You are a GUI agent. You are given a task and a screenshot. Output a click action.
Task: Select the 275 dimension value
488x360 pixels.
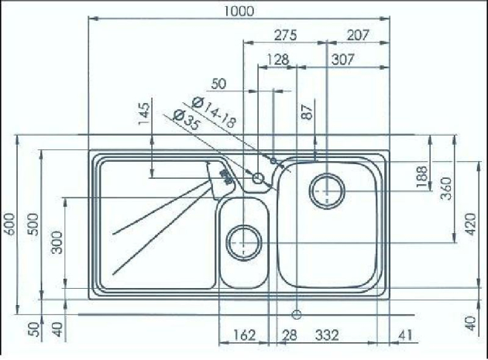286,35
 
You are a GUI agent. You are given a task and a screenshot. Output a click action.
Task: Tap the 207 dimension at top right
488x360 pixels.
357,35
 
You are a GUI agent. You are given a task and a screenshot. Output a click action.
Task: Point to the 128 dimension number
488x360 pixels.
277,59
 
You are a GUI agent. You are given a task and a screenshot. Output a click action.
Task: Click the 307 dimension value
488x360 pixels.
342,59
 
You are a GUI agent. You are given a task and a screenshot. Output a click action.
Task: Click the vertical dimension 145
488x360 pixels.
144,116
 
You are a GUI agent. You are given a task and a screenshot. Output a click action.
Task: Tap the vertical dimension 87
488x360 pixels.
308,111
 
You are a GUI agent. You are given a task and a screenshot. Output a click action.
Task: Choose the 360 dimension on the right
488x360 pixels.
446,188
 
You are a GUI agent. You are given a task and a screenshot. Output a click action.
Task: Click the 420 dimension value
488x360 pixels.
469,225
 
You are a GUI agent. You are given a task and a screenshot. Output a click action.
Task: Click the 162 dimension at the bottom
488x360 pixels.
243,334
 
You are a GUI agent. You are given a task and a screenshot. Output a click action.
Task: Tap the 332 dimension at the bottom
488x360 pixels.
327,334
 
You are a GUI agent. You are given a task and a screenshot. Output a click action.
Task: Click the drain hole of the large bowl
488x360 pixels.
328,188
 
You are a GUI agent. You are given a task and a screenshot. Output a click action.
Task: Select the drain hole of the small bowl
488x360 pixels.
243,242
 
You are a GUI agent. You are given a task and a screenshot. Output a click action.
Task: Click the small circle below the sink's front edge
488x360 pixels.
295,314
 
